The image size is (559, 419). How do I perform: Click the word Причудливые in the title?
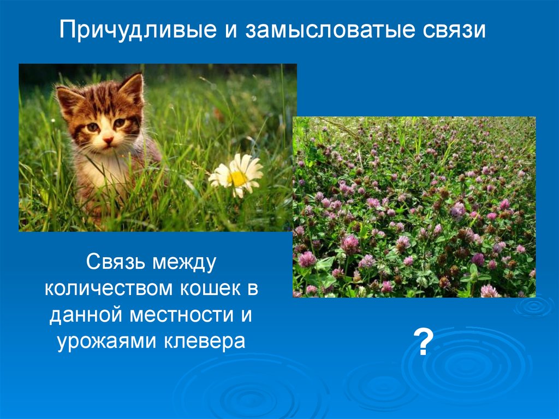[138, 29]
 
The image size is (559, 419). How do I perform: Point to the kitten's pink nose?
[108, 139]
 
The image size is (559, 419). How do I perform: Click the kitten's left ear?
[68, 100]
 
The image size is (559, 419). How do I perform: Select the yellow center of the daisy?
[237, 178]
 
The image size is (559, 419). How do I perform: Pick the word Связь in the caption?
[116, 262]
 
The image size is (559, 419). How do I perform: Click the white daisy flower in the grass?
[236, 175]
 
